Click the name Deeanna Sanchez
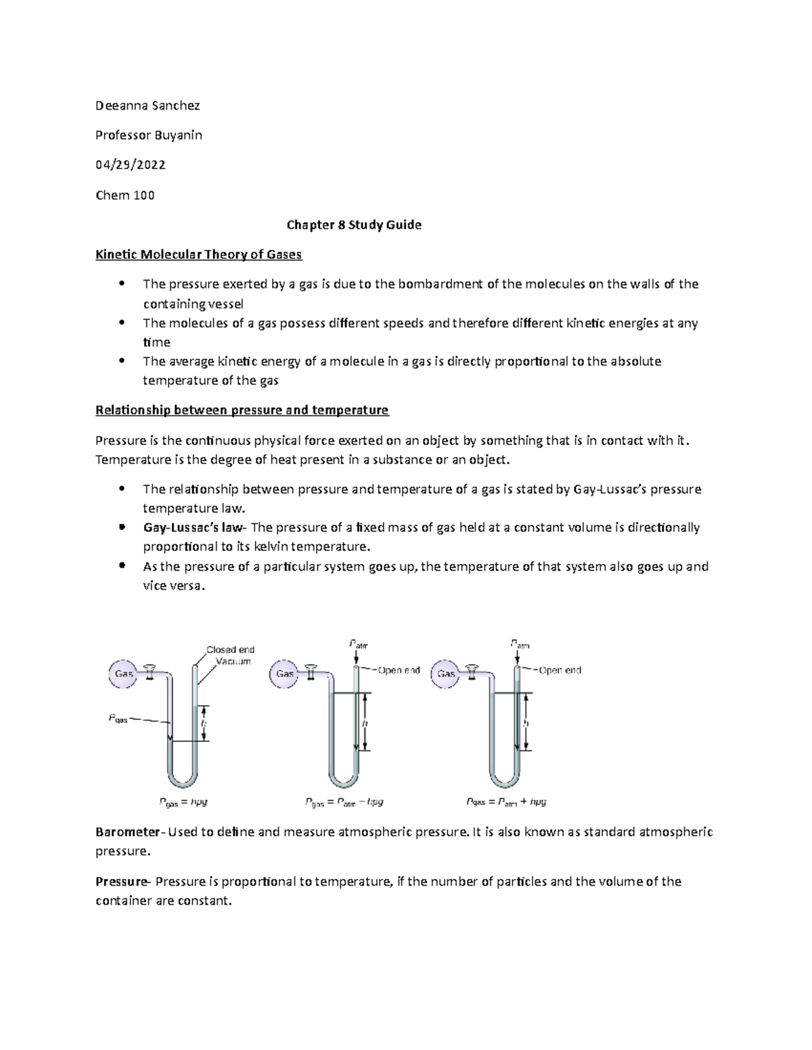(x=148, y=105)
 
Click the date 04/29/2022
(x=130, y=165)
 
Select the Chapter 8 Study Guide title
(x=354, y=225)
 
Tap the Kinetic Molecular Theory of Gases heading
(x=198, y=255)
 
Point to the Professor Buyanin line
(x=148, y=135)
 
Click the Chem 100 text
(x=125, y=195)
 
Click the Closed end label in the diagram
(x=230, y=650)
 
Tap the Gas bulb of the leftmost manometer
(x=124, y=673)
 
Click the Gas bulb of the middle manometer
(x=285, y=674)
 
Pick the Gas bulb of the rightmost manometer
(x=446, y=674)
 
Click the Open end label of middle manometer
(x=399, y=671)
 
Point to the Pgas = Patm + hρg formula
(x=505, y=802)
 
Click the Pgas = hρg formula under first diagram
(x=183, y=802)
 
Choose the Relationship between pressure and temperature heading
(x=242, y=410)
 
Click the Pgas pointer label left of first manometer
(x=118, y=719)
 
